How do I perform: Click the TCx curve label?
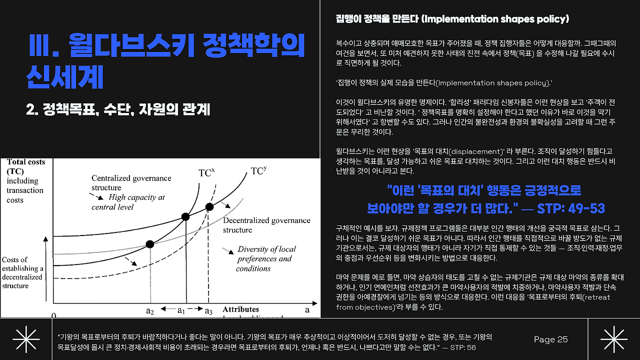206,173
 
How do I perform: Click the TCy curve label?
258,170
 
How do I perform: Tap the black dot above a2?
149,244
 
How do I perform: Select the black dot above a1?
185,217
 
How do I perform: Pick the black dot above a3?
209,207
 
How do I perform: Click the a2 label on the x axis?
150,310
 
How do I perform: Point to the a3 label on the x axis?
208,310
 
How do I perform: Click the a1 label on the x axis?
181,310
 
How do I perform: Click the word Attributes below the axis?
240,309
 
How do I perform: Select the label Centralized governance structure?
131,182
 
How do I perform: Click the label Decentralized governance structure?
266,225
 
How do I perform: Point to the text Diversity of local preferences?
265,253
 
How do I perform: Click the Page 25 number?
550,339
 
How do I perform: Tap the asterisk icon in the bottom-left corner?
26,339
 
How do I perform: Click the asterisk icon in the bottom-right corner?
614,339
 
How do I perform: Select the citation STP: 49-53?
571,208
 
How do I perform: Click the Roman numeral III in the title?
40,45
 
